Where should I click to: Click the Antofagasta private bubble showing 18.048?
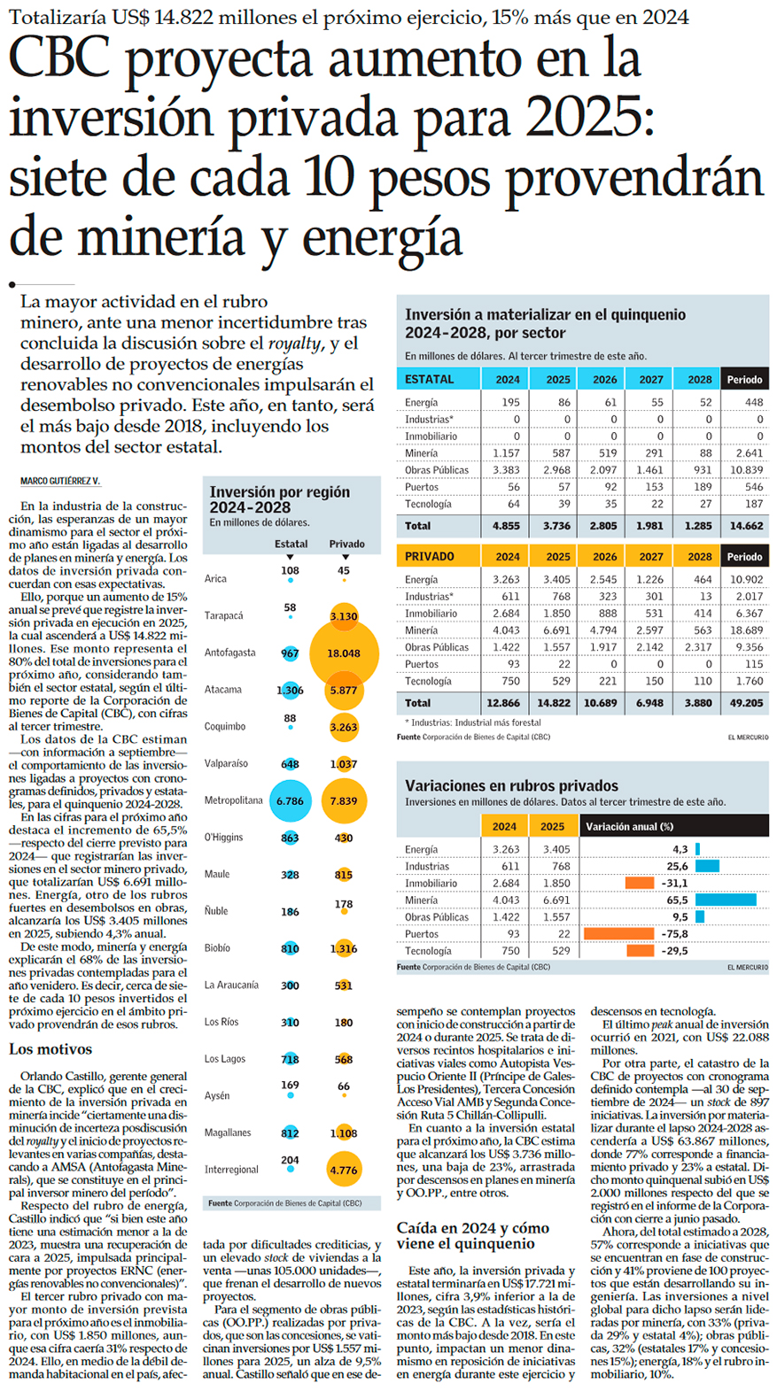pyautogui.click(x=344, y=653)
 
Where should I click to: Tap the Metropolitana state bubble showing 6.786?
pyautogui.click(x=290, y=801)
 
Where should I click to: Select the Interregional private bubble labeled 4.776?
pyautogui.click(x=344, y=1170)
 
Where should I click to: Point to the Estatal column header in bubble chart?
pyautogui.click(x=291, y=544)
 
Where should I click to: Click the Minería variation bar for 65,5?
pyautogui.click(x=726, y=900)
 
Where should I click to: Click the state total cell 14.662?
pyautogui.click(x=745, y=526)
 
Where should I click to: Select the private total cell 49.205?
pyautogui.click(x=745, y=703)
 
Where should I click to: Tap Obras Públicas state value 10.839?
pyautogui.click(x=745, y=470)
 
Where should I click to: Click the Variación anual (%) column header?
pyautogui.click(x=629, y=827)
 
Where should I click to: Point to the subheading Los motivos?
pyautogui.click(x=51, y=1049)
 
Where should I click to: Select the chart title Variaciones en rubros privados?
pyautogui.click(x=511, y=785)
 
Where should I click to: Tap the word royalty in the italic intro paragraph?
pyautogui.click(x=294, y=344)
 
